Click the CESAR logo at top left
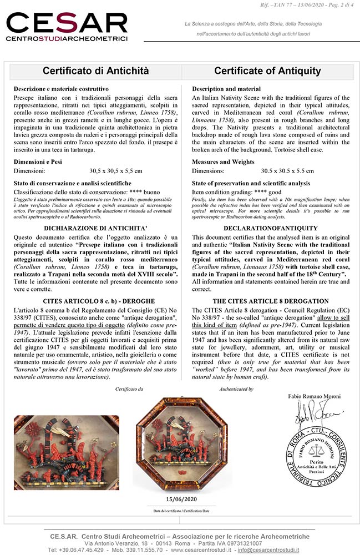tap(67, 26)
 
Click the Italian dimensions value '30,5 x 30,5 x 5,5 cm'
tap(115, 171)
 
